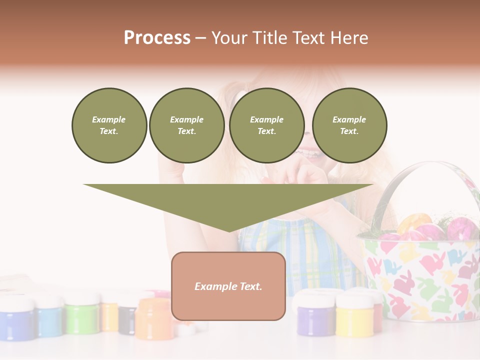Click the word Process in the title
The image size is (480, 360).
tap(157, 38)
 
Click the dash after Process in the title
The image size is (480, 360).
tap(200, 39)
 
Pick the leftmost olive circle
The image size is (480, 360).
tap(109, 125)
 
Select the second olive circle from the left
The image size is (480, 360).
tap(187, 125)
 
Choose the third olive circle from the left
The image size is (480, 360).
tap(267, 125)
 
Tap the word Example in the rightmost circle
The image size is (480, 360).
tap(349, 119)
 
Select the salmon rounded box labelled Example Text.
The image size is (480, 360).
tap(228, 286)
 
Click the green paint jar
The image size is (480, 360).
tap(82, 315)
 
